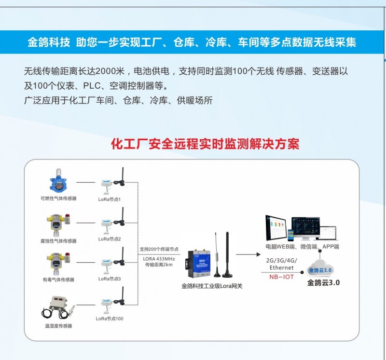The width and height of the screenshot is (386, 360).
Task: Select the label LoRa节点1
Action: [x=110, y=199]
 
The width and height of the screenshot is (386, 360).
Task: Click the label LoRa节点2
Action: [x=110, y=239]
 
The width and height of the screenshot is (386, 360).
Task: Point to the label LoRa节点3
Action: [x=110, y=279]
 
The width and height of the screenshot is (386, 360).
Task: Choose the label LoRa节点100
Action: [x=110, y=319]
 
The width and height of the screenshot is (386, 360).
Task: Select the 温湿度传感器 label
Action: [x=58, y=326]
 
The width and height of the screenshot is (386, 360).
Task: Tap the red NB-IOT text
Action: [x=281, y=277]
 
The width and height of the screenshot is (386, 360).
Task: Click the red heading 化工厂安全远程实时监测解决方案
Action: [x=205, y=144]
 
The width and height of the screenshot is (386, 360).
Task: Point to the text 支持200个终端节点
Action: [x=159, y=250]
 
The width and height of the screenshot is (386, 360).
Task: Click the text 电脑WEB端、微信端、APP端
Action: [x=302, y=247]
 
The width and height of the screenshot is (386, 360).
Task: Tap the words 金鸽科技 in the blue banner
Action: [x=49, y=42]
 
